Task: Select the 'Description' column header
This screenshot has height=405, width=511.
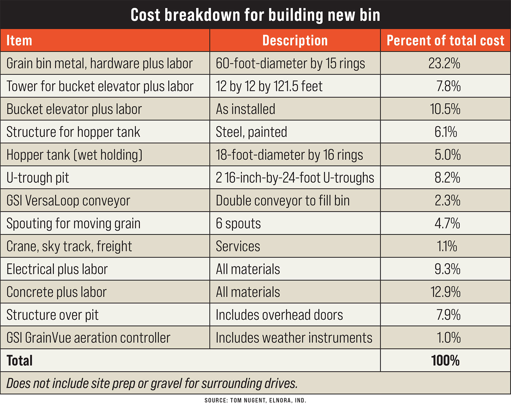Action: click(x=295, y=40)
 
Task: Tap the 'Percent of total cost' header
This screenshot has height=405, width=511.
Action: click(x=445, y=40)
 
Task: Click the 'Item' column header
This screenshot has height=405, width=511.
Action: click(x=19, y=40)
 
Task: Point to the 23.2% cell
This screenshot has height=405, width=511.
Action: click(x=444, y=63)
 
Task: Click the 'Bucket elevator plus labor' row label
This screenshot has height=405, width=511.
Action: click(x=74, y=109)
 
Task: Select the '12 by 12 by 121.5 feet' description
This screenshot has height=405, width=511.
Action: click(x=269, y=86)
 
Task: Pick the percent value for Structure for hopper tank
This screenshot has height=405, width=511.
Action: click(x=446, y=132)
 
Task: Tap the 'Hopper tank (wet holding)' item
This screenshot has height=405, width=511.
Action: click(x=74, y=155)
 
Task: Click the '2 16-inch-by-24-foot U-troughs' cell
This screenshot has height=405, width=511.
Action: click(x=295, y=178)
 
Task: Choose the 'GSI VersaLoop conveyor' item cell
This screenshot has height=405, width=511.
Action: click(x=68, y=201)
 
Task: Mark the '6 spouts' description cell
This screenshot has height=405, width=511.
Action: click(x=238, y=224)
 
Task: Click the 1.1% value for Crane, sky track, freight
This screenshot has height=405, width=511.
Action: click(x=447, y=246)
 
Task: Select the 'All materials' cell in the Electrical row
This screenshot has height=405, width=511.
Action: click(x=248, y=269)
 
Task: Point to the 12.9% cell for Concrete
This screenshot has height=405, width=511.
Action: click(x=445, y=292)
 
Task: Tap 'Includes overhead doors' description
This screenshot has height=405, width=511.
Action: click(x=279, y=315)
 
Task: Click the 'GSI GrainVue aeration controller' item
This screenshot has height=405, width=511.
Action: click(x=88, y=338)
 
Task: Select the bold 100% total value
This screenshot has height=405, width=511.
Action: click(x=445, y=361)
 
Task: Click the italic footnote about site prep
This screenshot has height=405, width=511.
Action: click(x=152, y=383)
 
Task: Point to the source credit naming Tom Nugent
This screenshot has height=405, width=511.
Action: click(x=255, y=400)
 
